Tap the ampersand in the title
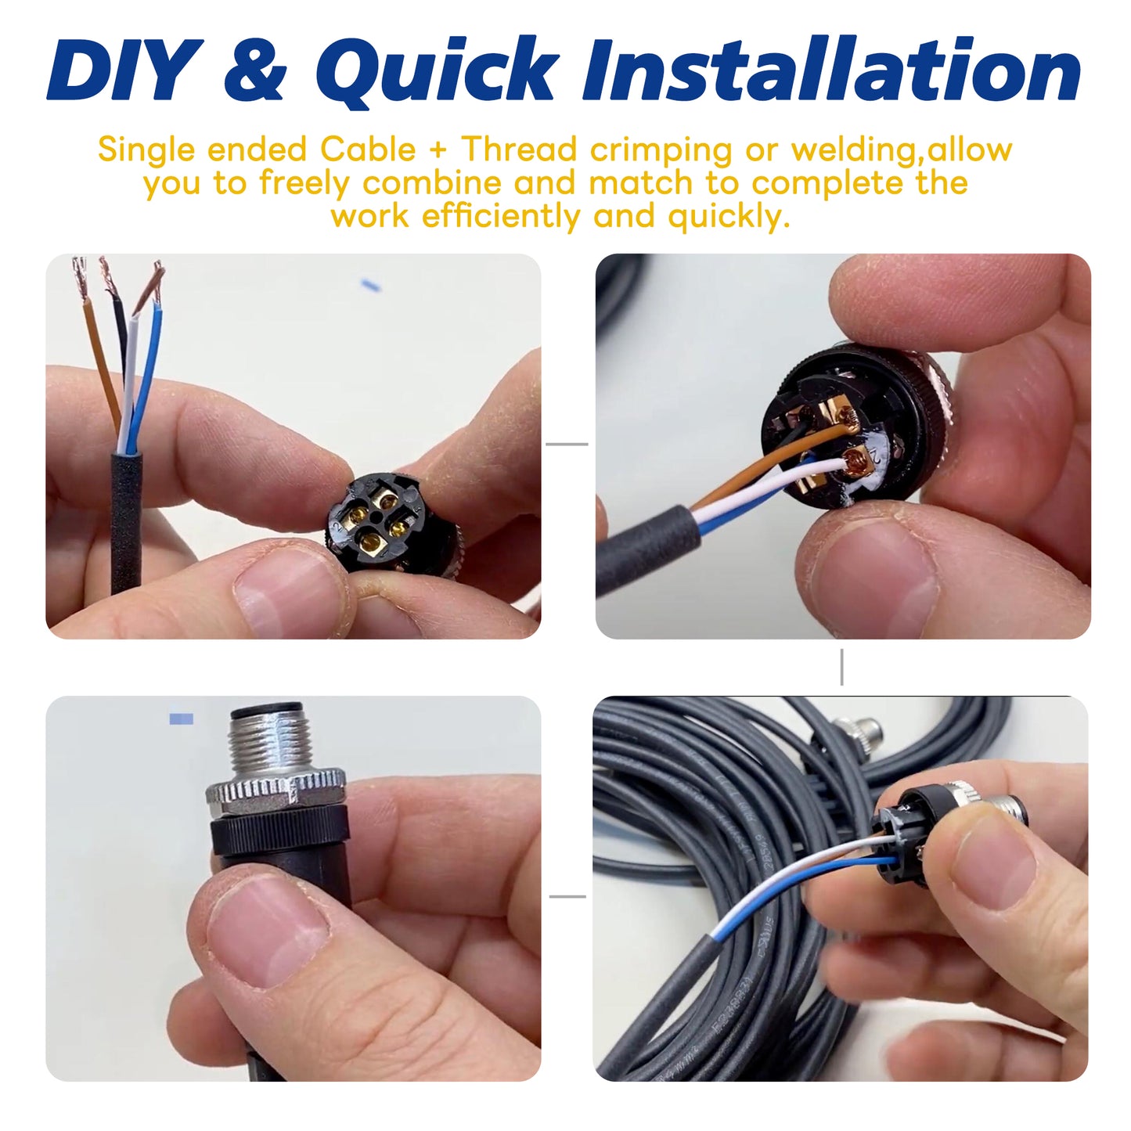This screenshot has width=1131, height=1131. tap(256, 70)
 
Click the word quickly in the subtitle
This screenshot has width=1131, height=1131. tap(729, 216)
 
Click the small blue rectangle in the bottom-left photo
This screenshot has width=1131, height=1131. tap(181, 719)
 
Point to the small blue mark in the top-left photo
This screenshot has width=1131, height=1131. tap(371, 286)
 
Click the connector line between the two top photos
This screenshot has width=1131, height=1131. tap(567, 444)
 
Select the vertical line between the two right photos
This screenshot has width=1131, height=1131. tap(841, 667)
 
